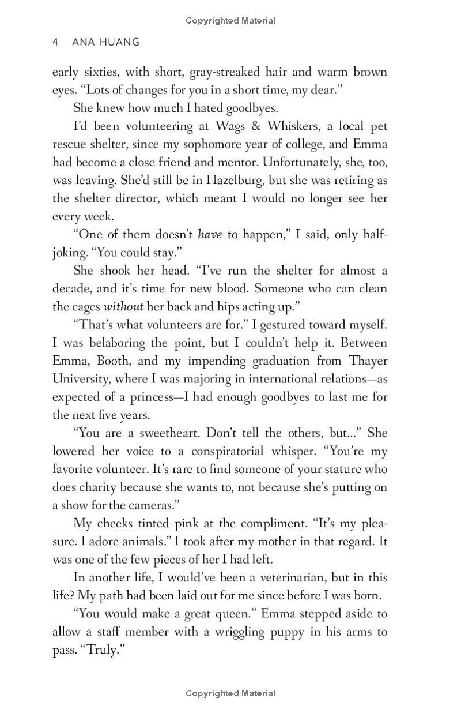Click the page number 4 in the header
click(x=55, y=42)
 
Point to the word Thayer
click(x=366, y=360)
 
